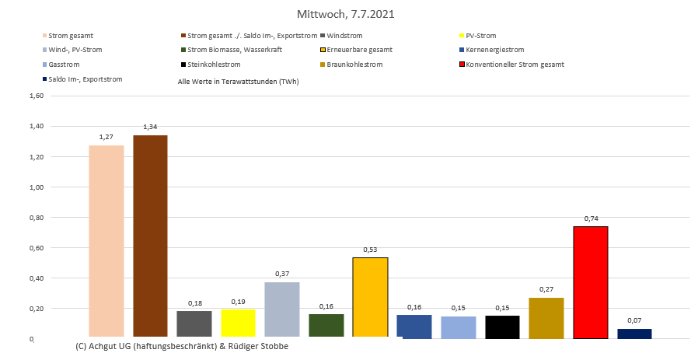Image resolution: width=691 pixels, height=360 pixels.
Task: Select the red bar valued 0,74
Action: [x=590, y=281]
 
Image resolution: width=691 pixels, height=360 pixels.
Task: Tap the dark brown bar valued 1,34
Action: [x=150, y=236]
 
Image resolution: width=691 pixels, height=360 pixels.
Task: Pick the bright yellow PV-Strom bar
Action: [x=238, y=323]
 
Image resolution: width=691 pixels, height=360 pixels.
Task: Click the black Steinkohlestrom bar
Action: [x=502, y=327]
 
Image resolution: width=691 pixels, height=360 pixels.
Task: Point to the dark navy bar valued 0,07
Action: [x=634, y=333]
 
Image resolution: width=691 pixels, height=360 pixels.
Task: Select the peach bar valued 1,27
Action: [x=106, y=241]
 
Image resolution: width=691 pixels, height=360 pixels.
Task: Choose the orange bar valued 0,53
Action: [x=370, y=297]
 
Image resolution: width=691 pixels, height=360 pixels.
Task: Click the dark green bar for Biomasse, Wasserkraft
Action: [x=326, y=325]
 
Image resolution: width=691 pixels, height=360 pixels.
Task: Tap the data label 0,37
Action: [x=282, y=274]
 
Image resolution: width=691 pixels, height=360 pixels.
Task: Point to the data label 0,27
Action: [x=546, y=288]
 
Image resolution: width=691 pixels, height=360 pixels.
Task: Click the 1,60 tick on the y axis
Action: [x=37, y=96]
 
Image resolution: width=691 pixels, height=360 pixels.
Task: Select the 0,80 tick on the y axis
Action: [x=37, y=218]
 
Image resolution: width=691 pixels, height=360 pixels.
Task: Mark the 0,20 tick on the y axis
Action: [x=37, y=309]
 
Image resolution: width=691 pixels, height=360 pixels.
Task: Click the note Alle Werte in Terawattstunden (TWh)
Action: [x=238, y=81]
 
